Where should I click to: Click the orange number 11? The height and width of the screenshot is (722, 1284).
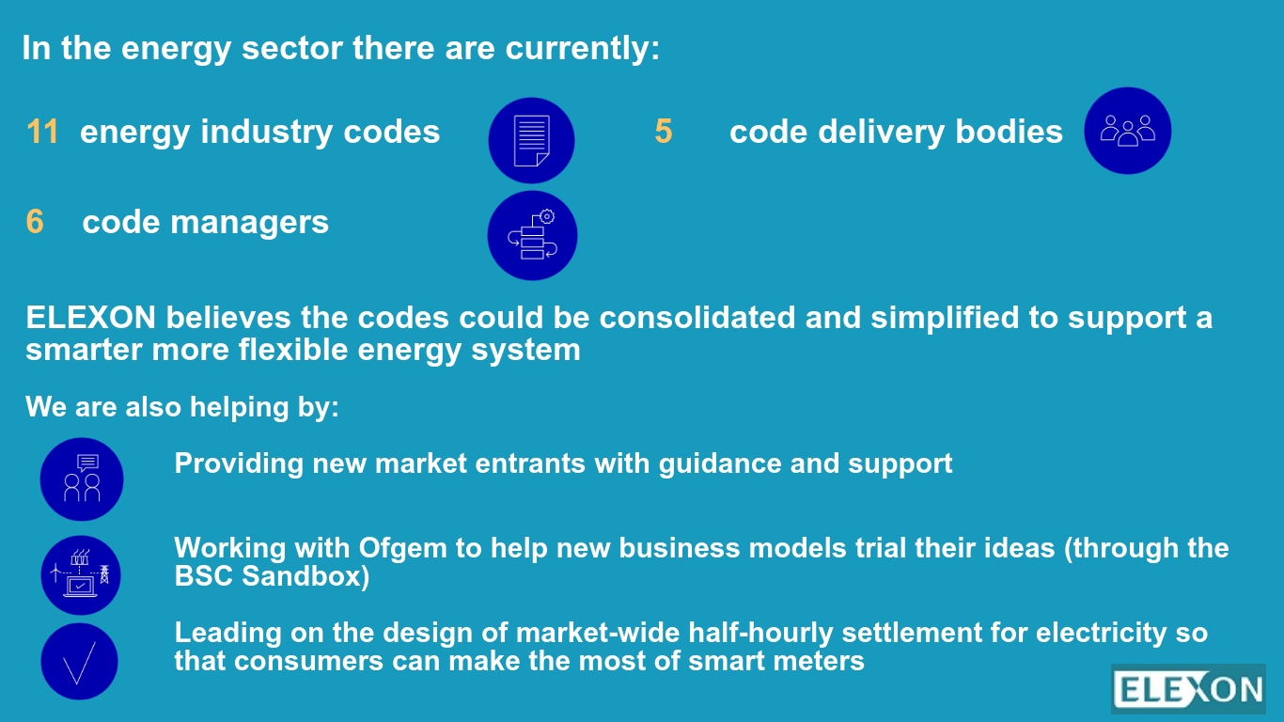click(x=42, y=132)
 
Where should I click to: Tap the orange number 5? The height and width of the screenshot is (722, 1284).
click(x=664, y=132)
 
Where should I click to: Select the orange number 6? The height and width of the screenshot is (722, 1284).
click(x=35, y=222)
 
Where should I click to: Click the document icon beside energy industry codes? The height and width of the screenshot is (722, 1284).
click(x=531, y=141)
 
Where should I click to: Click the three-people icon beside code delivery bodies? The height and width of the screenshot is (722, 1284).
click(x=1127, y=131)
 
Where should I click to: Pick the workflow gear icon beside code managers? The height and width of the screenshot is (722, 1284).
click(x=532, y=236)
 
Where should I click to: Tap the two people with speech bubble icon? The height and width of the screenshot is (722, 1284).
click(x=82, y=479)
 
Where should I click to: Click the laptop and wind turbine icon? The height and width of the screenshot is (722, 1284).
click(x=81, y=575)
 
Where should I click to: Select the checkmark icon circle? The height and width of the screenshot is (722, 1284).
click(x=79, y=661)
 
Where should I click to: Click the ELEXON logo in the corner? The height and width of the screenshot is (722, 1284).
click(x=1188, y=689)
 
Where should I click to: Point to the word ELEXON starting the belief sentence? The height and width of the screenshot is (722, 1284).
click(x=91, y=318)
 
